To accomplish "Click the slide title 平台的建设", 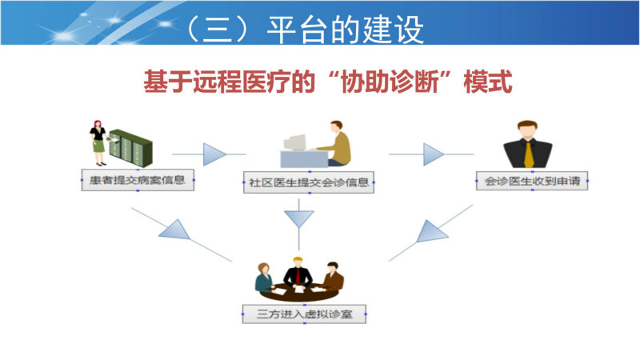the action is (346, 30).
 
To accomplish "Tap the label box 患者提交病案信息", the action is (138, 180).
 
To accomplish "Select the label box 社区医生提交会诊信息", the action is (309, 182).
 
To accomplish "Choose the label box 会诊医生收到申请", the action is (532, 181).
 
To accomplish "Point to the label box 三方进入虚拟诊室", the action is (305, 314).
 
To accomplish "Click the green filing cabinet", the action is (130, 148).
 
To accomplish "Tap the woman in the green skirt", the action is (98, 143).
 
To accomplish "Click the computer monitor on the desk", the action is (294, 142).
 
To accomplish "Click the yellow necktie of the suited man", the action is (529, 154).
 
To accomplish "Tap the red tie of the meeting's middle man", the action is (298, 276).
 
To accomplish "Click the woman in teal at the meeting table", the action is (264, 278).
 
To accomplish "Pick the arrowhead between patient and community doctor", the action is (214, 154).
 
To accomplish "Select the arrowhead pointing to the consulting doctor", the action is (434, 154).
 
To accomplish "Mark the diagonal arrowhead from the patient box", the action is (175, 230).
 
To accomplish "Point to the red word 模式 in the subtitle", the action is (488, 82).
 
